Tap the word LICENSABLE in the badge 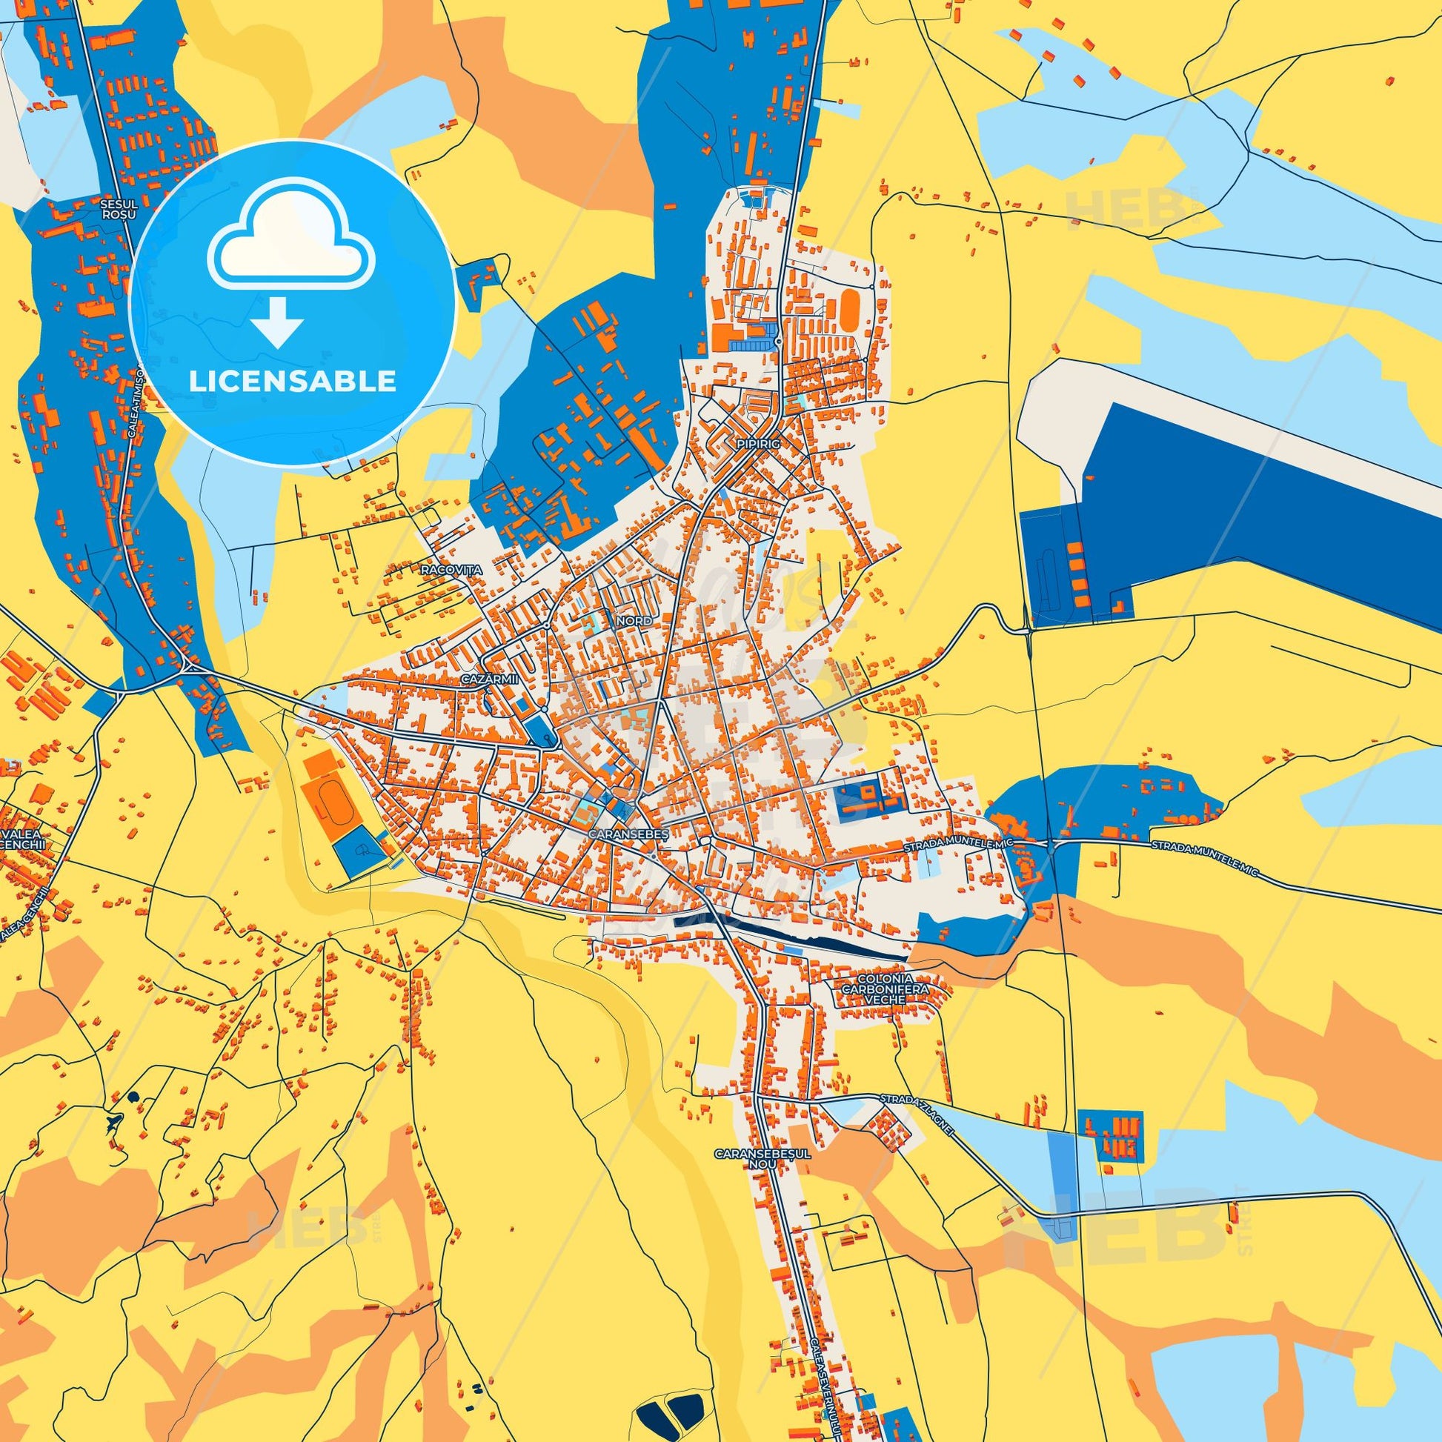(292, 382)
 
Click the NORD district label (634, 620)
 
